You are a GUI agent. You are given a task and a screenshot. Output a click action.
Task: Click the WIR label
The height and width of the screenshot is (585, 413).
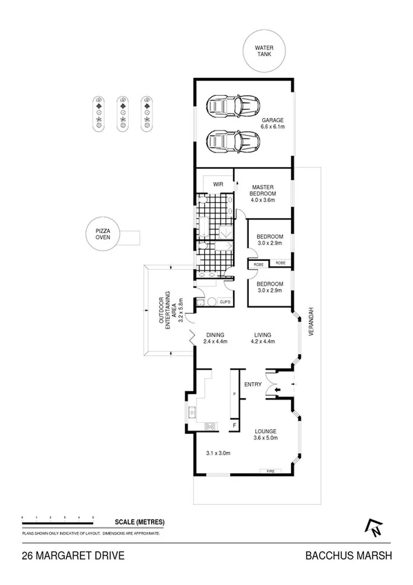219,184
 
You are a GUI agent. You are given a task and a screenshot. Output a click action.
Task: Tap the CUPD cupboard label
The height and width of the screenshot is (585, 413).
225,302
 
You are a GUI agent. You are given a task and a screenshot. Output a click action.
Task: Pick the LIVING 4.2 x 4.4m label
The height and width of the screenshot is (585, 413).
263,339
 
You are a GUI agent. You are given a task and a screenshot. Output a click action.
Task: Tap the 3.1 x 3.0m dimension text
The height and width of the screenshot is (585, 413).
219,453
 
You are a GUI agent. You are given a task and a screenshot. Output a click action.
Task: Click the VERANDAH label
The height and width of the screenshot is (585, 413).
311,321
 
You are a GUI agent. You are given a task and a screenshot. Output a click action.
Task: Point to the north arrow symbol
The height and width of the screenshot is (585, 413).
374,527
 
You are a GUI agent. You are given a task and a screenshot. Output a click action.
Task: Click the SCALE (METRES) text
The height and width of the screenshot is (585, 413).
139,522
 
